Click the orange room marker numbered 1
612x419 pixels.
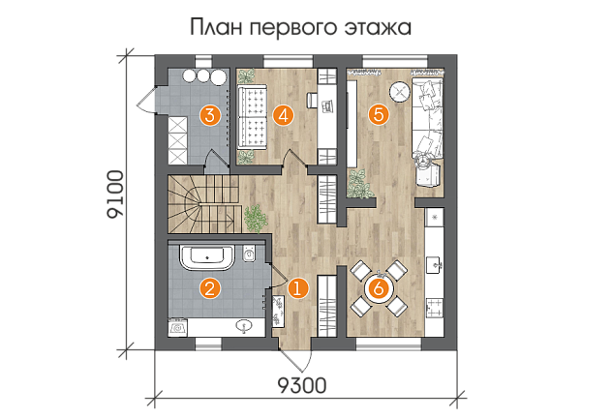click(298, 289)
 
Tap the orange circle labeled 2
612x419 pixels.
click(210, 289)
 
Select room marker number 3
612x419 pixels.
click(210, 115)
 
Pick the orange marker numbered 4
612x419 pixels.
click(284, 115)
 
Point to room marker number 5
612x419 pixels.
click(379, 115)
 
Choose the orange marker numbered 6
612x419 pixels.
click(379, 289)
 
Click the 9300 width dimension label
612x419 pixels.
click(302, 385)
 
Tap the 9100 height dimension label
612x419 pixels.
click(115, 194)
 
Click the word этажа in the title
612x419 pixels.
click(378, 28)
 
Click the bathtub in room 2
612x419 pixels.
click(207, 257)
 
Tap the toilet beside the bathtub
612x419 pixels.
click(248, 254)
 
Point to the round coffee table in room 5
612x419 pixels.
click(399, 92)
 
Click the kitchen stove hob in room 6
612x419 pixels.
click(435, 307)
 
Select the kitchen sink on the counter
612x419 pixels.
click(435, 264)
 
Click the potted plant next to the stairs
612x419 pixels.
click(256, 219)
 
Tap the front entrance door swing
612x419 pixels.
click(296, 357)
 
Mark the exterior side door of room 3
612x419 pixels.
click(147, 101)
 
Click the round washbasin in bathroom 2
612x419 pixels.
click(245, 326)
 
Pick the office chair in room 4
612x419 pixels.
click(311, 100)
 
